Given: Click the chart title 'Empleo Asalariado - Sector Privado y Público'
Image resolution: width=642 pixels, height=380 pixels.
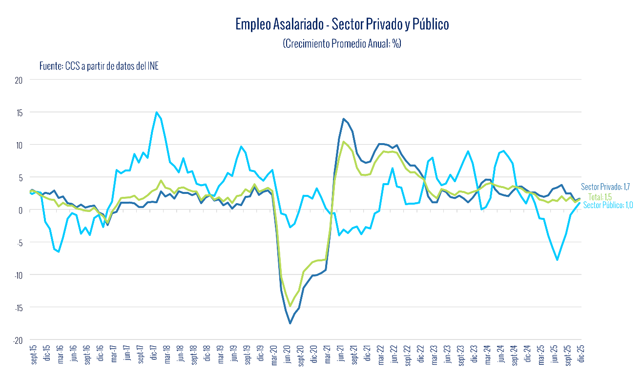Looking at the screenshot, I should point(342,24).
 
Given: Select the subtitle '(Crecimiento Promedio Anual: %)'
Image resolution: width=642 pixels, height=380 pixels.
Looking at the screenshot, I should point(342,43).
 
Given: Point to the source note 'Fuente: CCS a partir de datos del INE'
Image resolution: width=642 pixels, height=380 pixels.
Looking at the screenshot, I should point(99,66).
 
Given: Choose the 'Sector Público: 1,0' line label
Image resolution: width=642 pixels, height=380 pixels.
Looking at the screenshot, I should point(608,205).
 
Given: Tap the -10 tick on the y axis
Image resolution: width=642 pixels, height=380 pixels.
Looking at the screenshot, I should point(19,274).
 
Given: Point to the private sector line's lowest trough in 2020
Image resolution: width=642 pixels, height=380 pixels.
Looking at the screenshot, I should point(290,323).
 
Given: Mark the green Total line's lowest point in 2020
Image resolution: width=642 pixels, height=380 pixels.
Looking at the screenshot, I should point(290,305).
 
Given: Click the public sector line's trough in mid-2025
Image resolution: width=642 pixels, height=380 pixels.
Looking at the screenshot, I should point(557,259).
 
